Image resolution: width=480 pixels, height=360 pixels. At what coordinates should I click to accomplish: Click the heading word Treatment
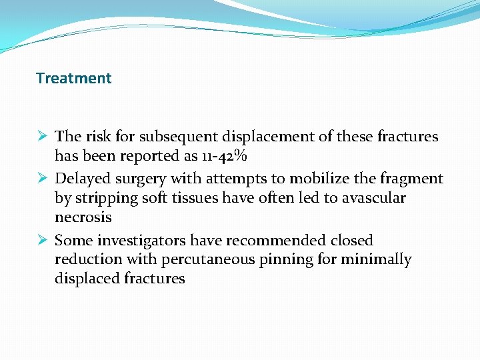(74, 79)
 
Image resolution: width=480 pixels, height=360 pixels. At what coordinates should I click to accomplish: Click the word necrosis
(83, 218)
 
